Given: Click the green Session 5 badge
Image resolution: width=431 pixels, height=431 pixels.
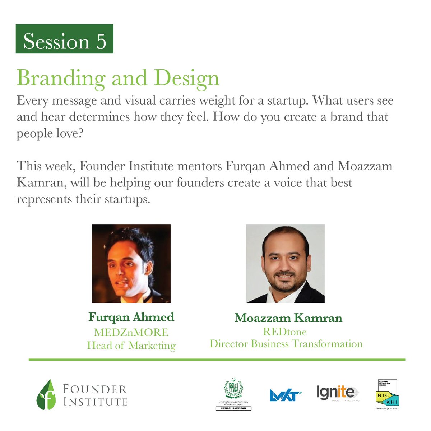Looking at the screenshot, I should click(x=65, y=39).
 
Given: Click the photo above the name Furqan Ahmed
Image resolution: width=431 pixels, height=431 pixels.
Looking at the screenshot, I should click(x=131, y=264).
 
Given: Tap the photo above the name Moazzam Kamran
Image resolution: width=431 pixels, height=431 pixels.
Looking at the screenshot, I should click(x=285, y=264).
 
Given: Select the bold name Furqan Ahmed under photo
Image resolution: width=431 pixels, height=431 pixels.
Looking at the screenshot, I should click(x=131, y=317).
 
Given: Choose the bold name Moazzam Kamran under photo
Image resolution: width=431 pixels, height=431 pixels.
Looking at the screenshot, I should click(x=288, y=318).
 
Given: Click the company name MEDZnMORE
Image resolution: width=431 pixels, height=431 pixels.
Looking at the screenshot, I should click(x=131, y=332).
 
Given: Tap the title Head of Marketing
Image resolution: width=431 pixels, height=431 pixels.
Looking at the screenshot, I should click(x=131, y=346).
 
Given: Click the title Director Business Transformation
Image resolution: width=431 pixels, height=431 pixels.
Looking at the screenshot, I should click(x=286, y=344).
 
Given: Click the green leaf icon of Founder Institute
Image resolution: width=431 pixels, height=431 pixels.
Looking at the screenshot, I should click(x=46, y=395).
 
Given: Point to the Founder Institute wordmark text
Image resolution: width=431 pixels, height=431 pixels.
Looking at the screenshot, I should click(x=95, y=395).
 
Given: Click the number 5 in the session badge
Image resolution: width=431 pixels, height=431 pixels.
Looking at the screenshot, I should click(x=101, y=41).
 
